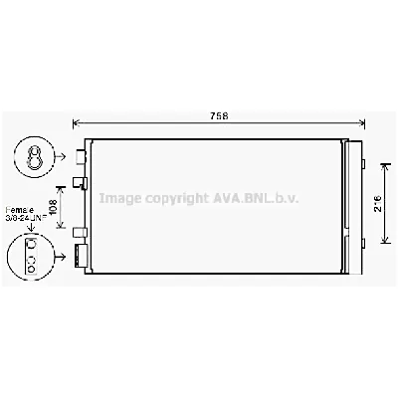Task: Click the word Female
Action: coord(20,210)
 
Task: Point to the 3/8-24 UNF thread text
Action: coord(25,219)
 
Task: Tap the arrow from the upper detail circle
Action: coord(63,155)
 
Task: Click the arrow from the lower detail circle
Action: coord(63,256)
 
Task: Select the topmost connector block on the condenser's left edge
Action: coord(81,155)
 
